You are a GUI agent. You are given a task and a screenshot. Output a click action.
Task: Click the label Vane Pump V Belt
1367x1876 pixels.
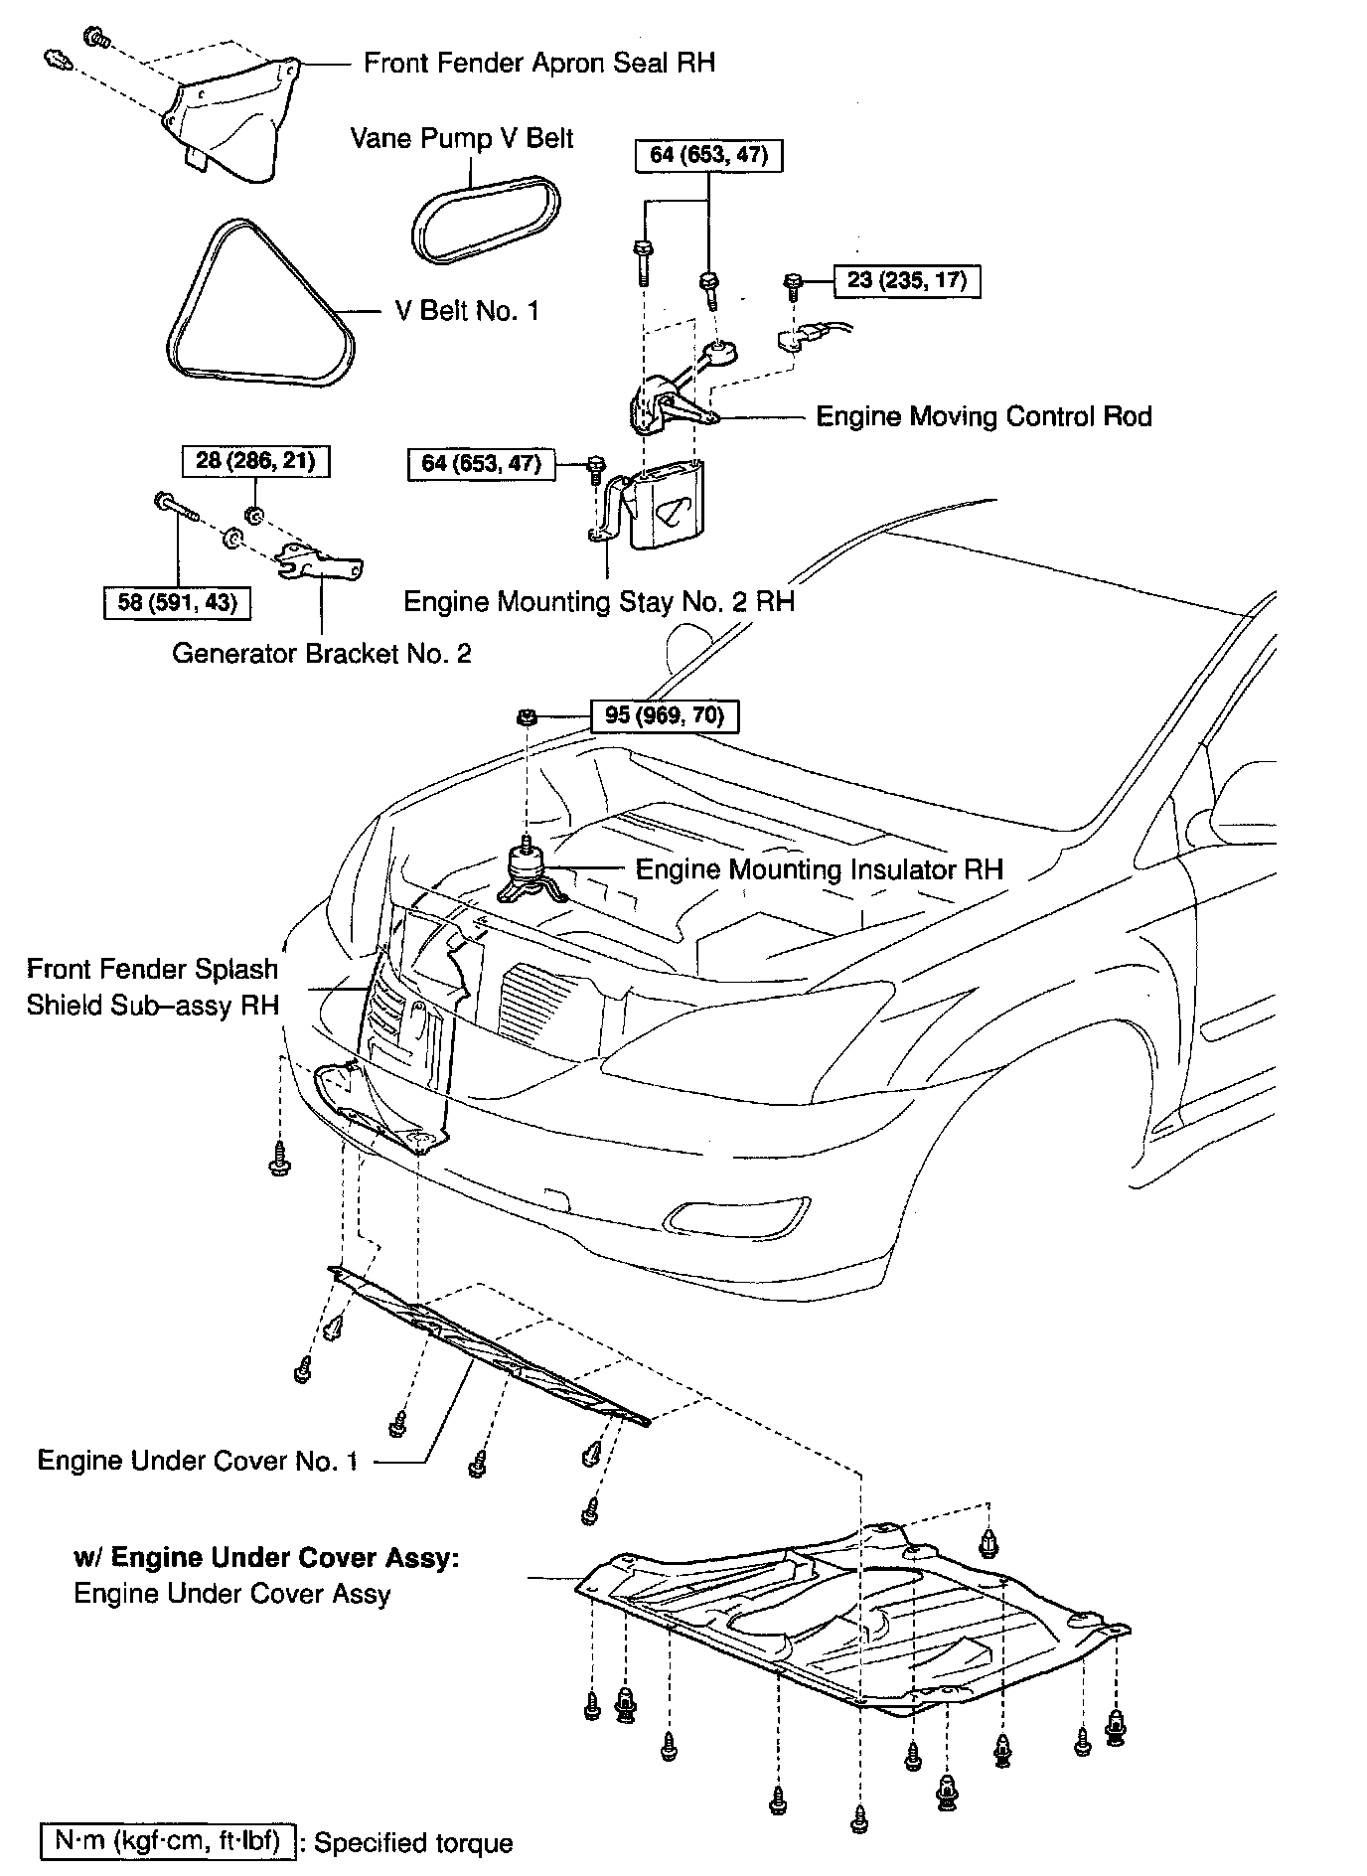click(462, 138)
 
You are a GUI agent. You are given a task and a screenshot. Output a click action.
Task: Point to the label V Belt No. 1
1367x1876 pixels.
click(467, 311)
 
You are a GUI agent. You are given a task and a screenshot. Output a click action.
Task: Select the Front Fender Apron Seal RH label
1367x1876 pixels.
click(538, 63)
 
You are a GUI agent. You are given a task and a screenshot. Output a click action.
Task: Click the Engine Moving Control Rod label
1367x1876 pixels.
click(984, 415)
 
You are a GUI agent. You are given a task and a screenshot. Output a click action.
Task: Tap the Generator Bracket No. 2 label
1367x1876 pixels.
click(321, 653)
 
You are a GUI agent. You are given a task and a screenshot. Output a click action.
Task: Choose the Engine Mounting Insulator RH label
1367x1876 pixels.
click(819, 869)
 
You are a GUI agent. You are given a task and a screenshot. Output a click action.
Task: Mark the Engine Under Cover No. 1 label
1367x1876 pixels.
click(198, 1460)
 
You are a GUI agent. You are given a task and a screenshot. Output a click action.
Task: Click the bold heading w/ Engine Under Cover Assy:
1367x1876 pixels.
click(266, 1557)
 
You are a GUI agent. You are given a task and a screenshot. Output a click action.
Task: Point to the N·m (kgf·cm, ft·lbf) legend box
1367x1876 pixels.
click(167, 1841)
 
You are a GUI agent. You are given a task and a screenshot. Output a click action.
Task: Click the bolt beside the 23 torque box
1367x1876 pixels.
click(793, 285)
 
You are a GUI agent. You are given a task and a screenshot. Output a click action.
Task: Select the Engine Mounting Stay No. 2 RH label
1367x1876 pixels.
click(598, 601)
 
